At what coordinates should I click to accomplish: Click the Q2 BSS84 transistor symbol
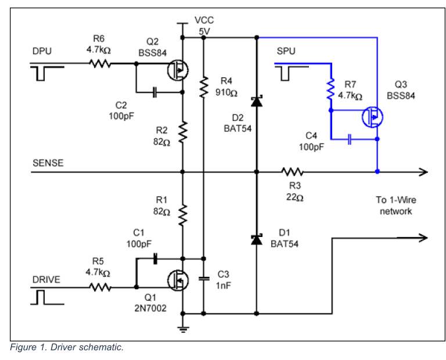[x=178, y=70]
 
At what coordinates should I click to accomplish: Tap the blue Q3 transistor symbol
[x=372, y=117]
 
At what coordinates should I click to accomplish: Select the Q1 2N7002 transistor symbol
[x=178, y=280]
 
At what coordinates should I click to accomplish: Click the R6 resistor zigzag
[x=100, y=63]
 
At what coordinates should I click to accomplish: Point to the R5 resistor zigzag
[x=100, y=287]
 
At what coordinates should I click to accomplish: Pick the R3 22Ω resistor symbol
[x=292, y=172]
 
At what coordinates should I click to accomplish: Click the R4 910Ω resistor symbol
[x=203, y=87]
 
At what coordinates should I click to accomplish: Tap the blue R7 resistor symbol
[x=330, y=89]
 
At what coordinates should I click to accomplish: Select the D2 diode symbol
[x=257, y=101]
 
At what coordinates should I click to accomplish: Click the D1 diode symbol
[x=257, y=239]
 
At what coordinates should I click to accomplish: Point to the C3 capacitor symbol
[x=204, y=279]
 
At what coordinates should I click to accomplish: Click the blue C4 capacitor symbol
[x=350, y=139]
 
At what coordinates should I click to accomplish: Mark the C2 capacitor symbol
[x=154, y=92]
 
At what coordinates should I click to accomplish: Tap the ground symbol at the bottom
[x=183, y=329]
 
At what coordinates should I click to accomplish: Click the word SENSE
[x=48, y=163]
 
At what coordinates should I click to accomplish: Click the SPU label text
[x=286, y=51]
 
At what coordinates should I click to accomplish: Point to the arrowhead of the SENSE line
[x=423, y=172]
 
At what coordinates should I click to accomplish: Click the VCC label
[x=204, y=20]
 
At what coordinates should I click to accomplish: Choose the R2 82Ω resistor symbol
[x=182, y=132]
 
